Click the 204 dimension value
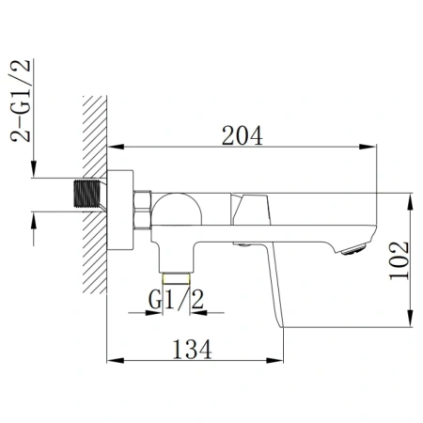click(x=243, y=135)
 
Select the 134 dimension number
click(x=192, y=350)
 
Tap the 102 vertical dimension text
click(x=399, y=260)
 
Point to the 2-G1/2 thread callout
click(x=21, y=101)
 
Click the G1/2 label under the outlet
click(x=176, y=300)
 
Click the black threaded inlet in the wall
click(x=87, y=194)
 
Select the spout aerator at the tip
click(x=353, y=250)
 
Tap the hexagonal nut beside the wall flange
click(x=143, y=210)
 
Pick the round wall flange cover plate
click(x=120, y=210)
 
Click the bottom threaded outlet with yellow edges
click(x=176, y=278)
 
